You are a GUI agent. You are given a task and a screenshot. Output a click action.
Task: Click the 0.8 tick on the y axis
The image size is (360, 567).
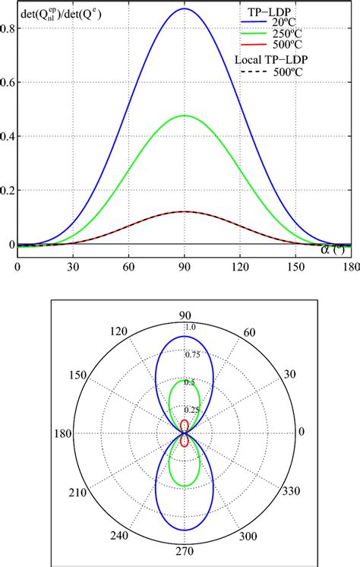(x=8, y=28)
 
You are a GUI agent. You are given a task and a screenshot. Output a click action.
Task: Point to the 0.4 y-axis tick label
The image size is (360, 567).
(x=8, y=137)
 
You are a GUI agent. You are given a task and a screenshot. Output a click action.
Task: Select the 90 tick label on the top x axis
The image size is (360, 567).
(x=184, y=268)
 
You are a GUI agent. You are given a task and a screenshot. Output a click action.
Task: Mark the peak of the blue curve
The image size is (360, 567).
(x=184, y=9)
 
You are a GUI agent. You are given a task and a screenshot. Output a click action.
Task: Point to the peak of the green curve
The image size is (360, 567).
(x=184, y=116)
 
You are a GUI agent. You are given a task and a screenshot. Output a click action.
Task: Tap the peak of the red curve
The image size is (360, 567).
(x=184, y=211)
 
